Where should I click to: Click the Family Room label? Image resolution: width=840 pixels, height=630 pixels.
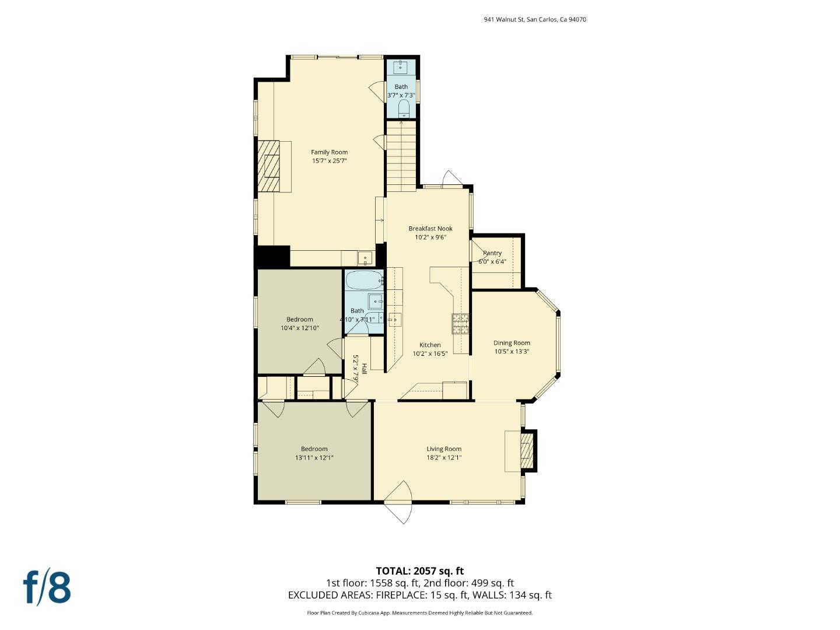coord(329,152)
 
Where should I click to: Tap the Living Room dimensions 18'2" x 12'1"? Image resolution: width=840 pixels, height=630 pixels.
coord(444,458)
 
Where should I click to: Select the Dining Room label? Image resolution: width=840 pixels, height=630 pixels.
coord(512,343)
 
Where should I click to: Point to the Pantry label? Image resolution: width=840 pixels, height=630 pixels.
coord(492,253)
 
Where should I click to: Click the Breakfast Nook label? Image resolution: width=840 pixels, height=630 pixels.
coord(430,229)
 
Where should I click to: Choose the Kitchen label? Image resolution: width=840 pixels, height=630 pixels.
coord(430,345)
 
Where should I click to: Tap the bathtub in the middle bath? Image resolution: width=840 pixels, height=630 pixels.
coord(363,281)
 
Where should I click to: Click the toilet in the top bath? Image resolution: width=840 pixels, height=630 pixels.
coord(403,108)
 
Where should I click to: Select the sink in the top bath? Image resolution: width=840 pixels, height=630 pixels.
coord(401,67)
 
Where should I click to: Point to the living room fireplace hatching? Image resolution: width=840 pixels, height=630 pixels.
coord(527,450)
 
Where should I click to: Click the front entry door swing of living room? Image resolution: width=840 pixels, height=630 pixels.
coord(399,502)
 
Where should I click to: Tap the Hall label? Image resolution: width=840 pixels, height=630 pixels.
coord(364,369)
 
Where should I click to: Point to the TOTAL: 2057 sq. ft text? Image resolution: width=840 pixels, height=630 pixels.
coord(419,571)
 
